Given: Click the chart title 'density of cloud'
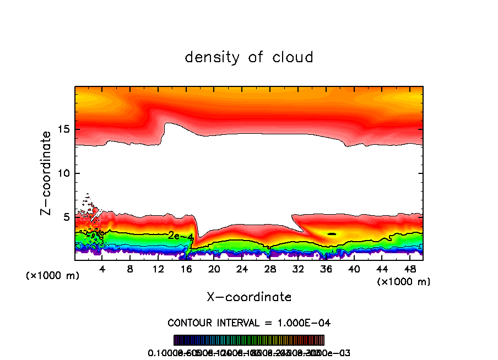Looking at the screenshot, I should [x=249, y=57].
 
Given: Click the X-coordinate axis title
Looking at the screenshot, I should [x=249, y=297].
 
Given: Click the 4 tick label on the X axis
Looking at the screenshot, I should [x=102, y=269].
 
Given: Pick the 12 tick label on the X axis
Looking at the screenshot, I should [x=159, y=269].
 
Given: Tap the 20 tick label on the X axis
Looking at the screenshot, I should [x=214, y=269].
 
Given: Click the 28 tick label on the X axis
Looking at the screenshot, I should [x=270, y=269].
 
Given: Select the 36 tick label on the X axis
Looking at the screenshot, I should [x=326, y=269].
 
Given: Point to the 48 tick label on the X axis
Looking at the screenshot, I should [x=409, y=269].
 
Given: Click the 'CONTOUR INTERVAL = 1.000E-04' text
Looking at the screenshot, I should [x=249, y=323].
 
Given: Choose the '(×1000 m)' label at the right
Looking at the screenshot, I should [x=404, y=281].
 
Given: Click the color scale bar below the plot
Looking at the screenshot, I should [x=249, y=340].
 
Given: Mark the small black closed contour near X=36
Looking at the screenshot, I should [x=332, y=234].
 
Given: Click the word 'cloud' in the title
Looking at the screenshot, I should [x=295, y=57].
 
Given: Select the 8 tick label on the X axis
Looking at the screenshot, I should [x=130, y=269].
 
